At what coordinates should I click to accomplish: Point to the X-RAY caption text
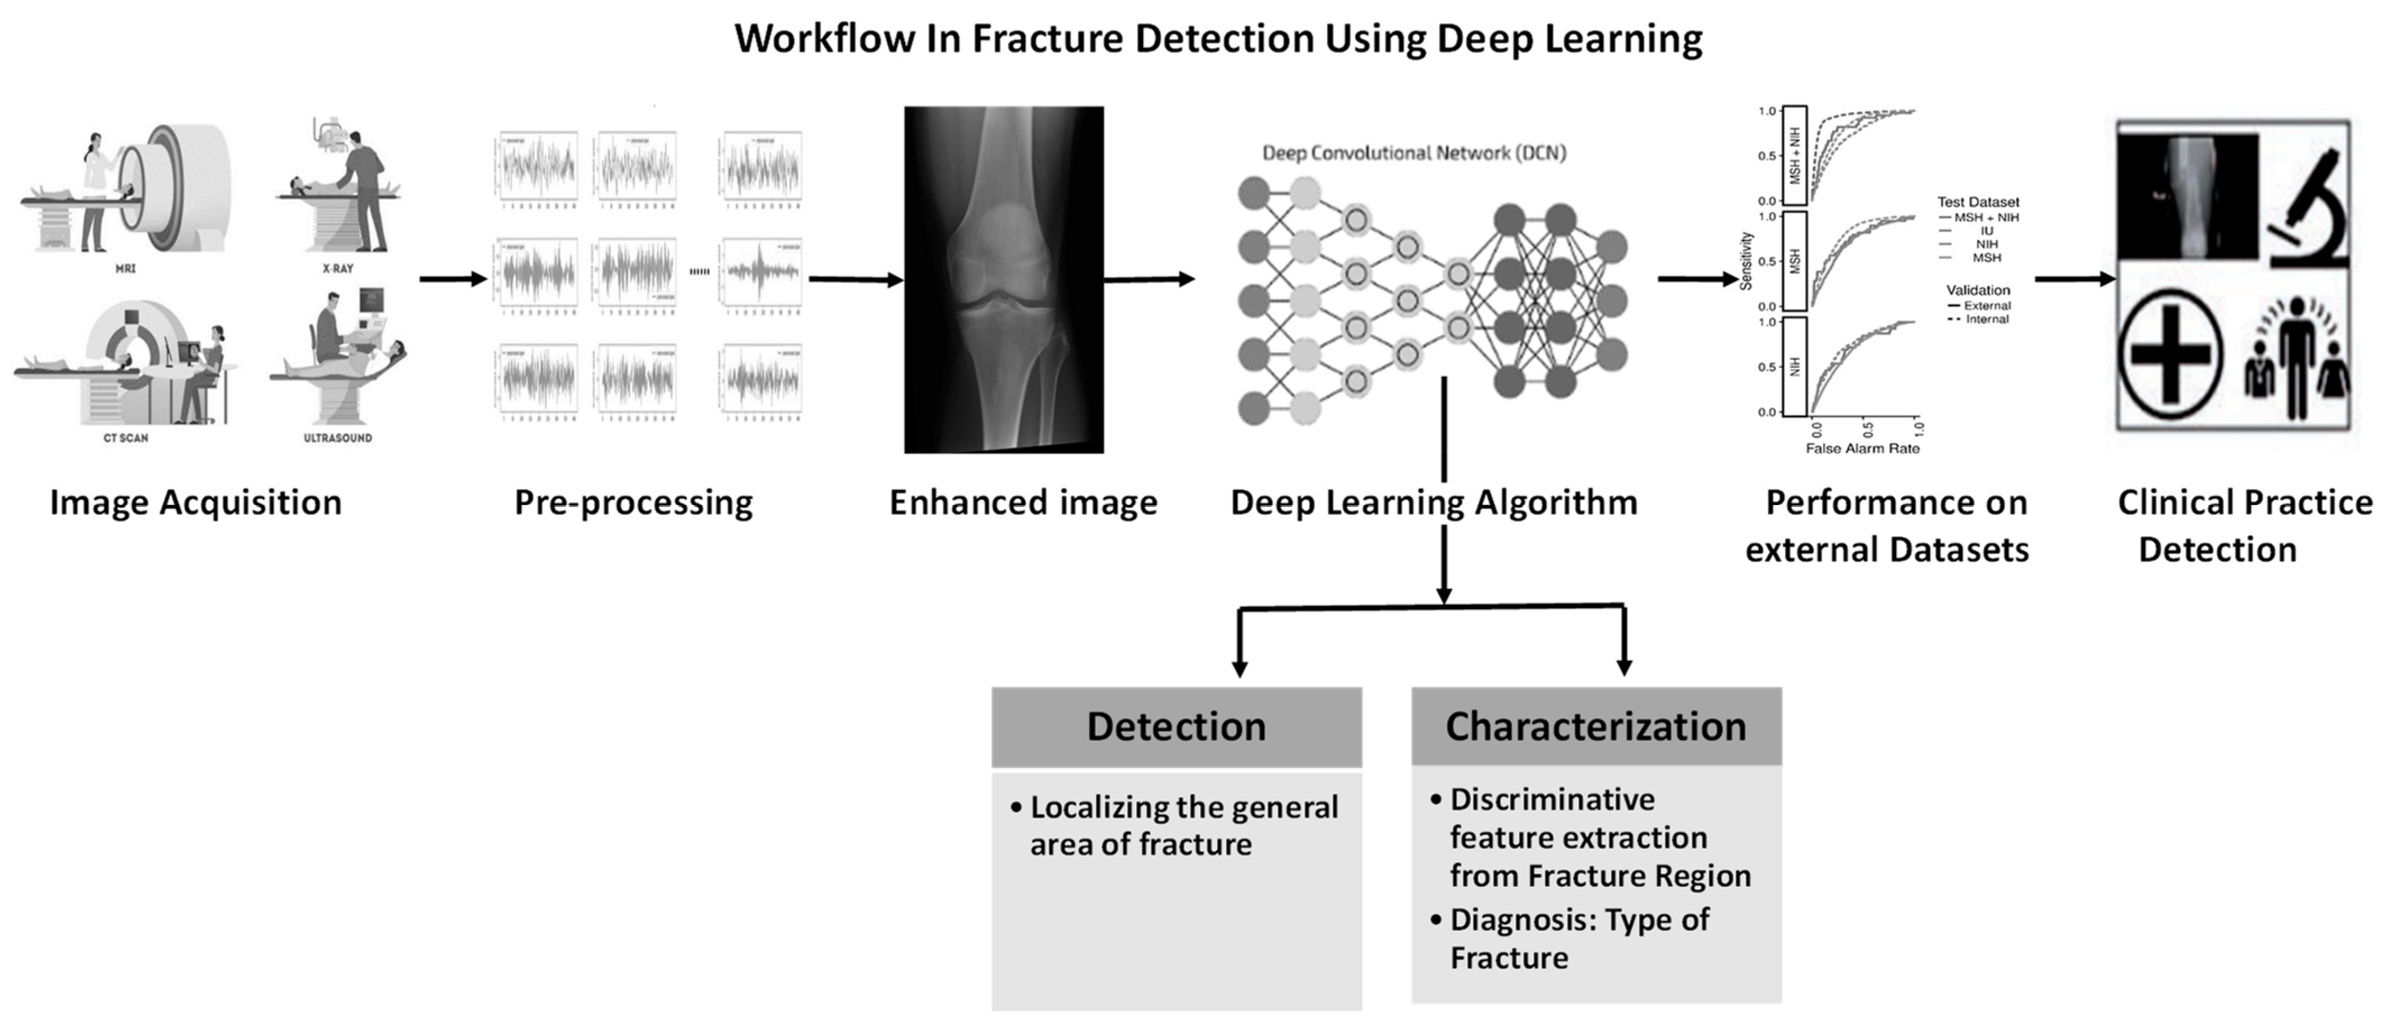pyautogui.click(x=338, y=268)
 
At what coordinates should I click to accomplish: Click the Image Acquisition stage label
pyautogui.click(x=196, y=503)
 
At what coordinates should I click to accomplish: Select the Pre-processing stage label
pyautogui.click(x=634, y=503)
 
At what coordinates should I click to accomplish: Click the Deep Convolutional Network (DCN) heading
pyautogui.click(x=1414, y=153)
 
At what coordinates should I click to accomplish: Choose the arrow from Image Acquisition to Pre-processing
pyautogui.click(x=452, y=278)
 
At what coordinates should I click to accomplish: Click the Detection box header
pyautogui.click(x=1176, y=726)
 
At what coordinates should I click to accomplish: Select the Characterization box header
pyautogui.click(x=1595, y=726)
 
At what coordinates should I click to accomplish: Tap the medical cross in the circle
pyautogui.click(x=2170, y=354)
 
